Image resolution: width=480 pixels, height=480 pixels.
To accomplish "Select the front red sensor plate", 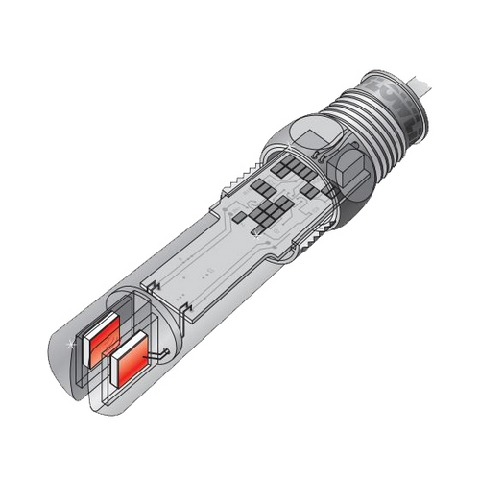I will click(x=132, y=364).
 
